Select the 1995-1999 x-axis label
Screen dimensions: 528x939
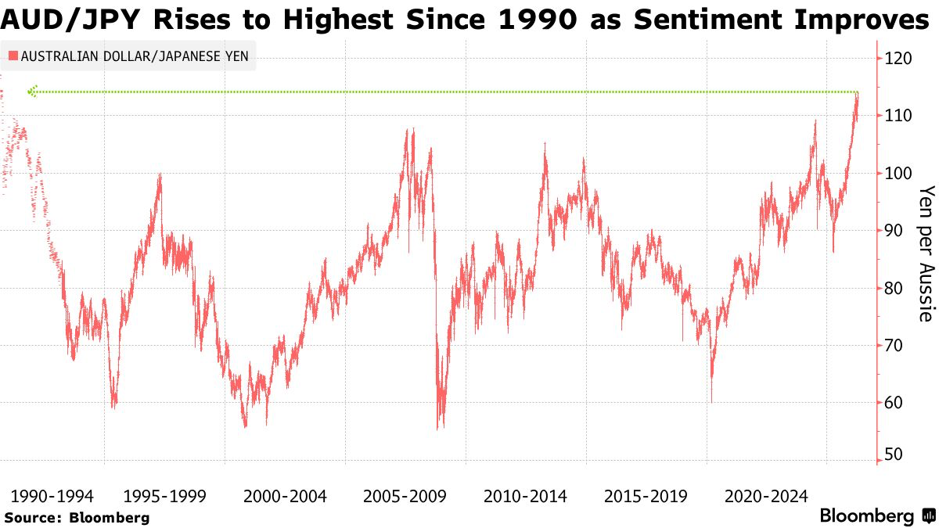164,496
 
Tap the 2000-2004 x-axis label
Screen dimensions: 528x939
285,496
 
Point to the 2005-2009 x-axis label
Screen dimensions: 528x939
405,496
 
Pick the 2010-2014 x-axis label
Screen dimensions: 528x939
526,496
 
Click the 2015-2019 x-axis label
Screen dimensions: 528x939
646,496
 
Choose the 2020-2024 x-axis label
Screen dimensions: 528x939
766,496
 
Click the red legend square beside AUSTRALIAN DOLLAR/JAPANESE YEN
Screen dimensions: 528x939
13,56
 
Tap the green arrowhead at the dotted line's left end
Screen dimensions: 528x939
31,92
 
